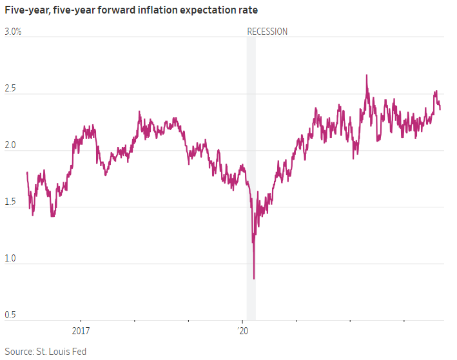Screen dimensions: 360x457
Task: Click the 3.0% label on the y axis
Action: click(x=14, y=31)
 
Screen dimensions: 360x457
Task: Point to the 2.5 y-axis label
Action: click(x=11, y=88)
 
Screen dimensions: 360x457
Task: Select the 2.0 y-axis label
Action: click(x=11, y=144)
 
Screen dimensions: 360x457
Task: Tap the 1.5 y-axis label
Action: click(x=11, y=201)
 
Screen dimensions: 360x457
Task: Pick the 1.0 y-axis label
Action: click(x=11, y=258)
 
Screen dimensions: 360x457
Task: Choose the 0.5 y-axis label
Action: click(x=11, y=314)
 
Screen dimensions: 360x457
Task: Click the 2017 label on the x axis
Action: click(x=81, y=330)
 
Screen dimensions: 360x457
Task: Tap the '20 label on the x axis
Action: click(x=243, y=330)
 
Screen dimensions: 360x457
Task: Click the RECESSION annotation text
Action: click(x=267, y=32)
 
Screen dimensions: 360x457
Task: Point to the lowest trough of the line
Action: click(x=254, y=279)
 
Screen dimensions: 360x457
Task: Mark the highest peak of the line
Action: click(x=367, y=75)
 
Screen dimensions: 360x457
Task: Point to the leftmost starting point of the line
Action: click(x=27, y=173)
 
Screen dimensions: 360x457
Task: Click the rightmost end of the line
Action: click(x=441, y=109)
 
